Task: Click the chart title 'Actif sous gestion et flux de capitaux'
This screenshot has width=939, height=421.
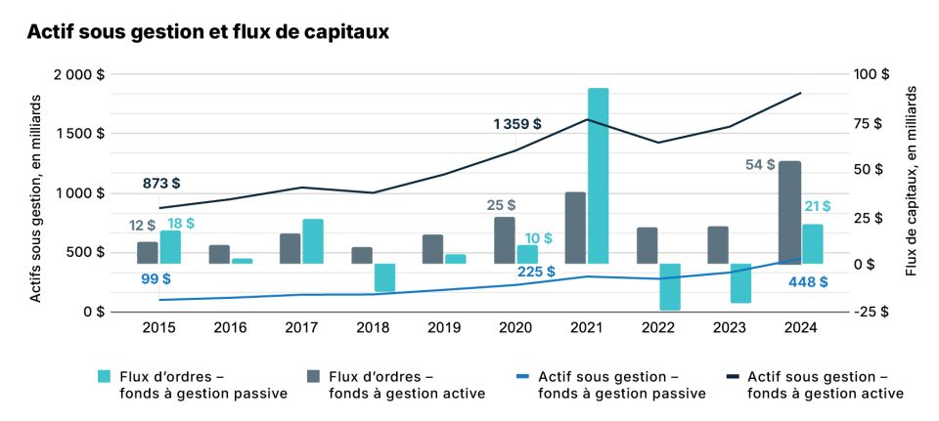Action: (x=207, y=32)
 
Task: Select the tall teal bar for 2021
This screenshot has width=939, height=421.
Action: (x=598, y=176)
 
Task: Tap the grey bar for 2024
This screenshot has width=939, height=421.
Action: (x=789, y=212)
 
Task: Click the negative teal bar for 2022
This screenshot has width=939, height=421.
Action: (x=670, y=286)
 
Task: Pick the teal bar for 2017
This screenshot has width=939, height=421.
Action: (x=313, y=241)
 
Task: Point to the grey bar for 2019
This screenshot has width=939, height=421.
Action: (x=432, y=249)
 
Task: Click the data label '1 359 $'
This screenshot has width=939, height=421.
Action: (x=517, y=124)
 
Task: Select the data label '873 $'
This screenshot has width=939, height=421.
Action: (x=161, y=183)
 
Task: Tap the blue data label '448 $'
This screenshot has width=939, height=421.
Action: (x=808, y=281)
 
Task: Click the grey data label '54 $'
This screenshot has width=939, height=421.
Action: (x=760, y=165)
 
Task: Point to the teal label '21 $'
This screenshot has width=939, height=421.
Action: (x=817, y=205)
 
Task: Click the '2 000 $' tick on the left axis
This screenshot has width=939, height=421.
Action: (x=80, y=74)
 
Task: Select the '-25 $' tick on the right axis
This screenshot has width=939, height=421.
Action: (x=872, y=312)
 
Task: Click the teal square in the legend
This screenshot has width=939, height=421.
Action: (x=104, y=376)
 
